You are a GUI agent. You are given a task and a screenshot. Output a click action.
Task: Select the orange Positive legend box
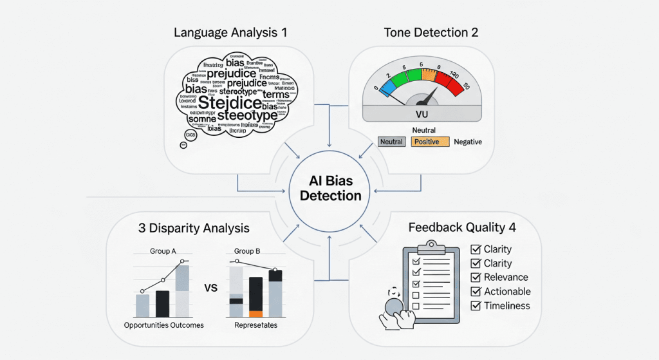point(429,142)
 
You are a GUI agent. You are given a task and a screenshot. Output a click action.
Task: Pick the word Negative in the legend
point(468,142)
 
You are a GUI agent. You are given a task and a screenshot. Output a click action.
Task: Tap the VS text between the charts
point(210,287)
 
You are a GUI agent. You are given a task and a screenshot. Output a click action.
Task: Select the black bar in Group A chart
point(162,303)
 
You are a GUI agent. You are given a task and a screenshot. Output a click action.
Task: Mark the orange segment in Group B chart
point(255,314)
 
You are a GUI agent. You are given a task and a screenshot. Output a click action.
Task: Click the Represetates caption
point(255,325)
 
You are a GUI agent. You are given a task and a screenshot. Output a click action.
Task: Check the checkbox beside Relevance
point(476,278)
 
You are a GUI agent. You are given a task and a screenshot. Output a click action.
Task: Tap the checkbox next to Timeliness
point(476,306)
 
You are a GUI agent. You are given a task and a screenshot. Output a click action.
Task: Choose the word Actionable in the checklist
point(508,292)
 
